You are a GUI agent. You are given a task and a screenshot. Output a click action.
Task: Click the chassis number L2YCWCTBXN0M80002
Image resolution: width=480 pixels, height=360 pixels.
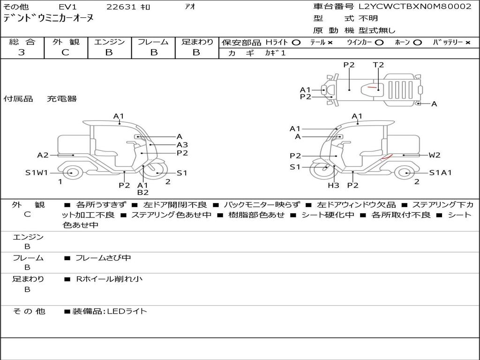tap(415, 7)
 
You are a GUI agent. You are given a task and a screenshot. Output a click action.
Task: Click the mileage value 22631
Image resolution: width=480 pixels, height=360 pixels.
tap(121, 7)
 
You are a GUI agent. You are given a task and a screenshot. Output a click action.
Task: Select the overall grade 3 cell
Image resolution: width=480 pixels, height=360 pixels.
tap(22, 52)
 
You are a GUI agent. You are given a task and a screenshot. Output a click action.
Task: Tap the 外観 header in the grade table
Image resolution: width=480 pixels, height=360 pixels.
tap(66, 42)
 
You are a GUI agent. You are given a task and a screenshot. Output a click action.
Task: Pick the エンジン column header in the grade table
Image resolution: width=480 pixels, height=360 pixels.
tap(109, 42)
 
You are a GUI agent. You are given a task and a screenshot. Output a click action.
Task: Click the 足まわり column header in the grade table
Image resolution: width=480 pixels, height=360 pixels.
tap(197, 42)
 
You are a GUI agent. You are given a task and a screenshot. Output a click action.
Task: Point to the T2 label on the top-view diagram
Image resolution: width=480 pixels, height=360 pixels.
tap(378, 65)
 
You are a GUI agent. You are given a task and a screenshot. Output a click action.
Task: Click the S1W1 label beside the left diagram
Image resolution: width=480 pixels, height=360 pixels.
tap(37, 173)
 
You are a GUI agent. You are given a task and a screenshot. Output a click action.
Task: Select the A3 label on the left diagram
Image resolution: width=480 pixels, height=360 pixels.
tap(182, 145)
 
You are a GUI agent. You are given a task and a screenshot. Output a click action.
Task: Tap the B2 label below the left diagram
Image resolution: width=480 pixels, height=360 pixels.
tap(143, 192)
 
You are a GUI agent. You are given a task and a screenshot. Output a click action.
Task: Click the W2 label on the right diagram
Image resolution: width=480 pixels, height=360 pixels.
tap(435, 155)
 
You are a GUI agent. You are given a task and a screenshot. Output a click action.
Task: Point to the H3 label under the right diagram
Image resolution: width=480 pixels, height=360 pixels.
tap(333, 186)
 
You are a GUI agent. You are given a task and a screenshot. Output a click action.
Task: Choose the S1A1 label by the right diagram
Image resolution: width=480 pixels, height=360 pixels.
tap(441, 172)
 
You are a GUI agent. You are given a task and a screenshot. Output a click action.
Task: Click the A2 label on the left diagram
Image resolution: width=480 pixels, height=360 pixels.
tap(43, 155)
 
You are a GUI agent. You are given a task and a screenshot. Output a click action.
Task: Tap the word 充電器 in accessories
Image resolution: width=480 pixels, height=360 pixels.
tap(61, 99)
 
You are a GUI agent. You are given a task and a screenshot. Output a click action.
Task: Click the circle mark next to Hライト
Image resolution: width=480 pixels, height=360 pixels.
tap(296, 42)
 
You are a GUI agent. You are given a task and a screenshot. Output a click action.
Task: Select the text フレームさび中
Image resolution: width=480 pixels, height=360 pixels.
tap(103, 258)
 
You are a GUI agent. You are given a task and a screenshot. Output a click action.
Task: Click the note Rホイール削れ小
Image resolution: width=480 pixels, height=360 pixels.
tap(109, 279)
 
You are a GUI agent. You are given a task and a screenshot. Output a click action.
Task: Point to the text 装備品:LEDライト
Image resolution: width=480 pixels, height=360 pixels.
tap(109, 311)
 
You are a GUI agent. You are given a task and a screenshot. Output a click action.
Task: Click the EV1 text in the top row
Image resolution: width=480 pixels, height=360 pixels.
tap(67, 7)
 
